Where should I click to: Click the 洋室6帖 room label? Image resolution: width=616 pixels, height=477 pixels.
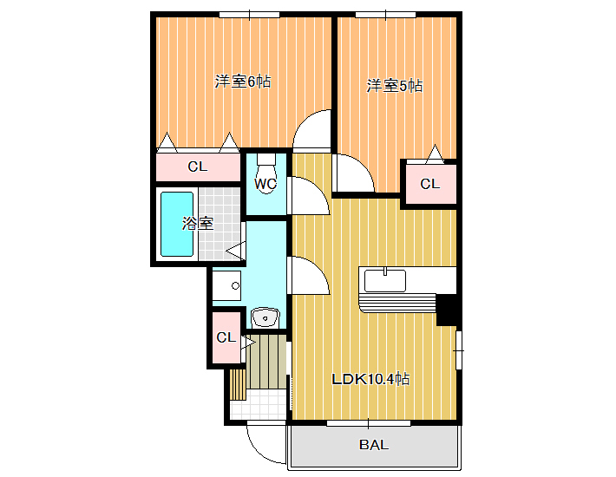click(x=242, y=82)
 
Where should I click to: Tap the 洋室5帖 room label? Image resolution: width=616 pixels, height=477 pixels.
click(x=395, y=86)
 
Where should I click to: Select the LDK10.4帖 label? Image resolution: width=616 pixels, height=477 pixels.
click(x=370, y=379)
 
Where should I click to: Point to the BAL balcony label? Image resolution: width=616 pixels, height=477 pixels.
click(x=374, y=445)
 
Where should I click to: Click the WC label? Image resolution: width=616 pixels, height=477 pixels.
click(x=265, y=184)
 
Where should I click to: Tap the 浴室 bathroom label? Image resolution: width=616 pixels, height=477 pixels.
click(x=197, y=224)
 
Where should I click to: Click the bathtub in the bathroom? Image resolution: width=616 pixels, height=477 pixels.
click(x=177, y=224)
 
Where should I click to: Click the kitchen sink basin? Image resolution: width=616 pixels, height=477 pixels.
click(x=385, y=280)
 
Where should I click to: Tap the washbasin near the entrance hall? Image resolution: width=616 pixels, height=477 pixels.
click(x=265, y=317)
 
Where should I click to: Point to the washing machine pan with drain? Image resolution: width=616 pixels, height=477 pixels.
click(x=226, y=285)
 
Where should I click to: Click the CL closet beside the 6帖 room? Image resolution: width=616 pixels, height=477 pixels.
click(x=198, y=167)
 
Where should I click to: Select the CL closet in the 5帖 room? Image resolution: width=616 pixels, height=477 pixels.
click(x=430, y=184)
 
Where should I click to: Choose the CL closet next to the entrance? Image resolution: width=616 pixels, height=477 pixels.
click(x=226, y=337)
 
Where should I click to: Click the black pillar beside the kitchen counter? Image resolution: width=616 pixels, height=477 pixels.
click(x=447, y=310)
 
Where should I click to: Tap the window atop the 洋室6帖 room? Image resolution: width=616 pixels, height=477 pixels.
click(x=250, y=15)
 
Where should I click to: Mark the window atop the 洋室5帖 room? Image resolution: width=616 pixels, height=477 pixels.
click(x=386, y=15)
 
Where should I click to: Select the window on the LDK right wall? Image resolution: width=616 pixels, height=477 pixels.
click(x=458, y=350)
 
